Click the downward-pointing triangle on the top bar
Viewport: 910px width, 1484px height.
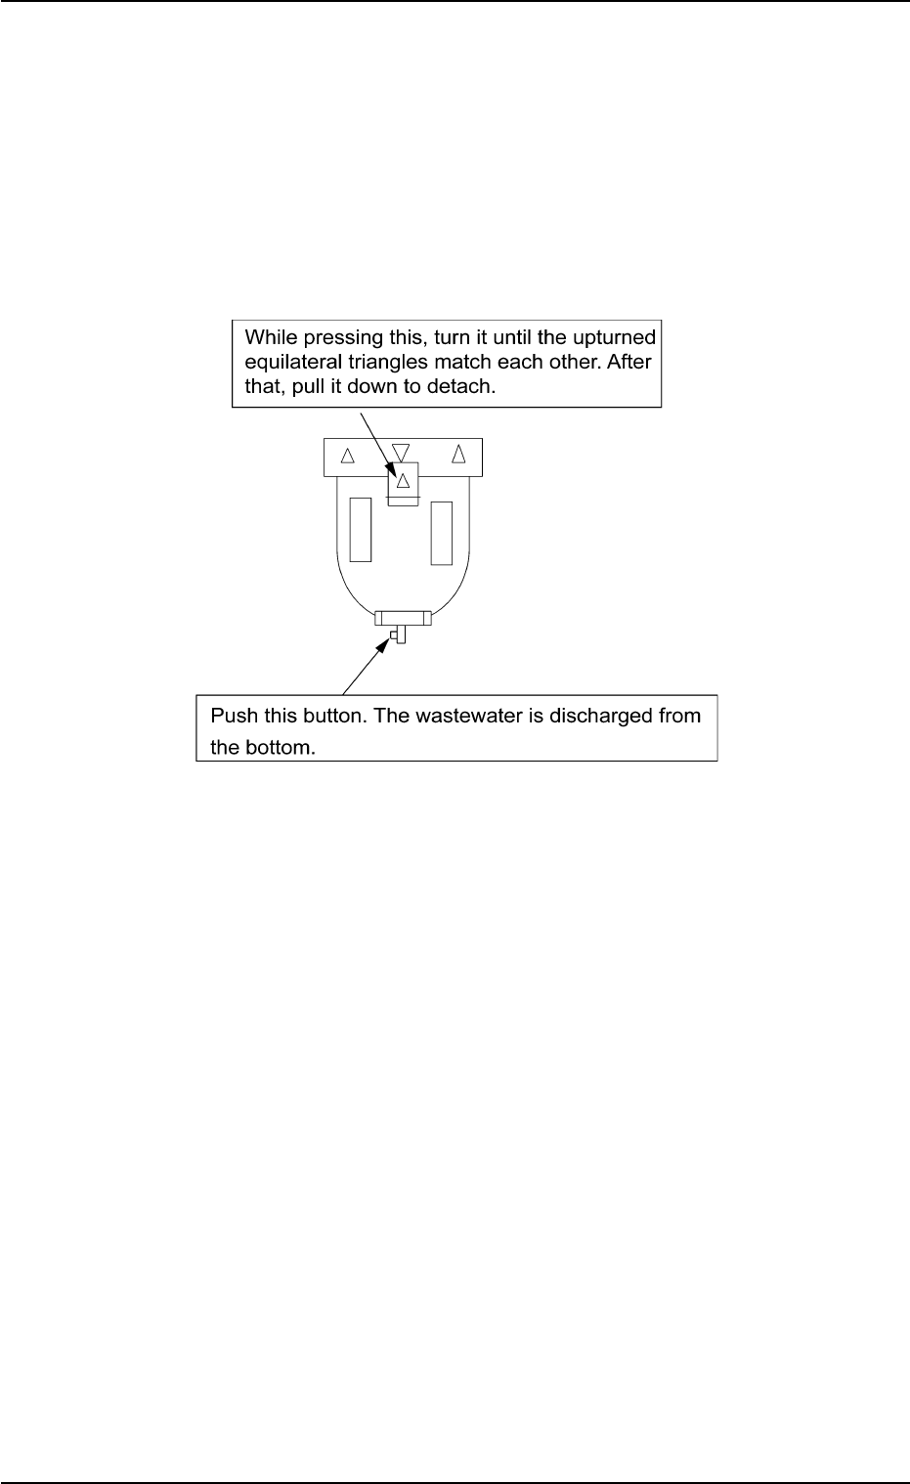[x=401, y=452]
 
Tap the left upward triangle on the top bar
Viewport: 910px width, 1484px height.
[x=346, y=455]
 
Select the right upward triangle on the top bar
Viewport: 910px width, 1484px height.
[x=456, y=454]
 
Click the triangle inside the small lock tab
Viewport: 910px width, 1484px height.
[x=402, y=480]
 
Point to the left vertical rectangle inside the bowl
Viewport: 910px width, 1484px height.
[x=360, y=529]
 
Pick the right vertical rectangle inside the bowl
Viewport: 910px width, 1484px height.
[x=442, y=533]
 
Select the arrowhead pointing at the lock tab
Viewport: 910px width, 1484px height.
[x=394, y=466]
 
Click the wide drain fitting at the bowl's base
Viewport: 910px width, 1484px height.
[x=403, y=618]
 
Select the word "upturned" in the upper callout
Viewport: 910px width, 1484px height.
[x=616, y=337]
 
